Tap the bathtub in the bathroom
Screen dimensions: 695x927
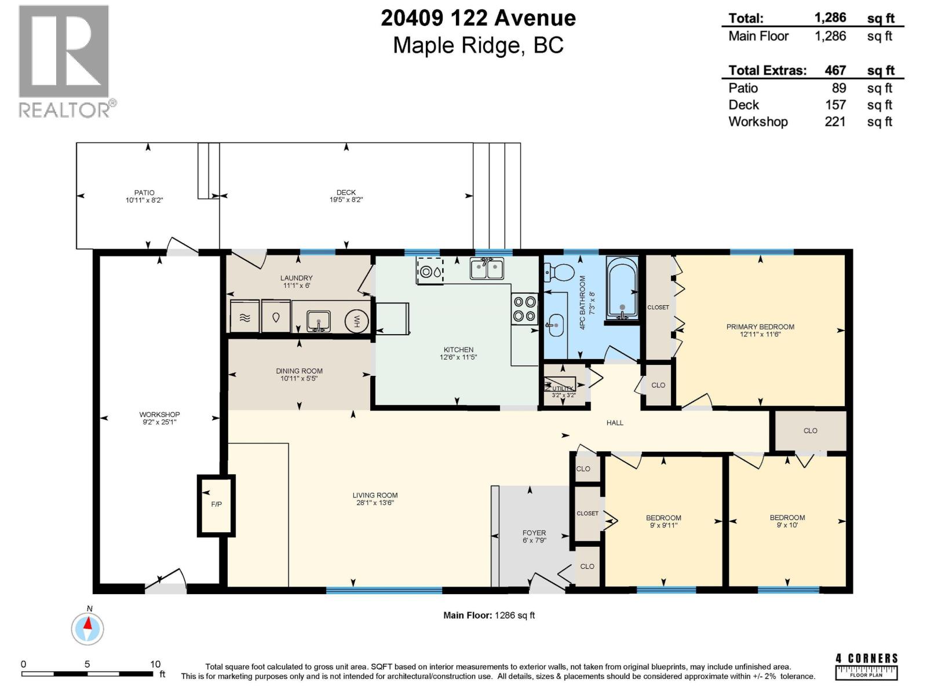[x=622, y=288]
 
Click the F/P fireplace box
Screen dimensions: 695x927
[x=216, y=504]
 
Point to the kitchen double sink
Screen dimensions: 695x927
[x=487, y=269]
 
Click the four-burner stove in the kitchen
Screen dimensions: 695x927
[x=524, y=308]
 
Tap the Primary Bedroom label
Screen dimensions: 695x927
[x=760, y=327]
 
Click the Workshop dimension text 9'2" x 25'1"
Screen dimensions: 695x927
[x=159, y=422]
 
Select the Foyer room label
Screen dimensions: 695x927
[x=534, y=533]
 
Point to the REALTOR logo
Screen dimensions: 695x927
[x=65, y=61]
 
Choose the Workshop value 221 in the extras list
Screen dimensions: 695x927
[x=835, y=122]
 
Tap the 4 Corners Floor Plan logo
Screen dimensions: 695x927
[x=866, y=666]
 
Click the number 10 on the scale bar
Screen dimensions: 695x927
[x=155, y=664]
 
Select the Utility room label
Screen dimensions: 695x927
[x=563, y=389]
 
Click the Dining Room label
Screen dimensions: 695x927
[x=299, y=371]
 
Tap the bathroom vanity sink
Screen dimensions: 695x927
[x=556, y=325]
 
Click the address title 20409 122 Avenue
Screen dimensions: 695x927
[x=478, y=19]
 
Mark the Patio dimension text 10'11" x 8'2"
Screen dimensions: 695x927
[x=144, y=200]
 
